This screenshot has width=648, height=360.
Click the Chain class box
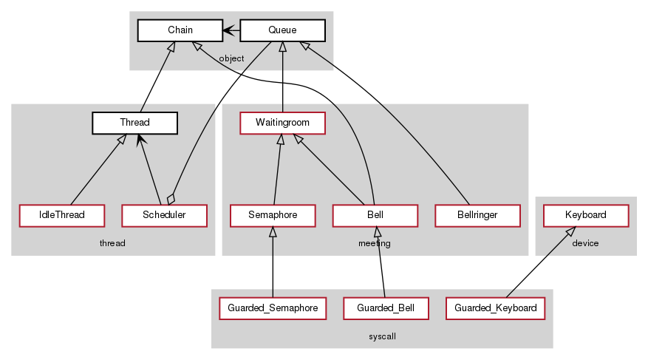[x=180, y=30]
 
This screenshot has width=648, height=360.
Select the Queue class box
[x=282, y=30]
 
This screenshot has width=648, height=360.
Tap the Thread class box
[x=134, y=123]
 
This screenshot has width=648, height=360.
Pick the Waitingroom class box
[x=282, y=123]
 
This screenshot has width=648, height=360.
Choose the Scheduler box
[x=164, y=215]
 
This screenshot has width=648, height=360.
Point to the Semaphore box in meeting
[x=273, y=215]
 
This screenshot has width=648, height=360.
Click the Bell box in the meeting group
[x=375, y=215]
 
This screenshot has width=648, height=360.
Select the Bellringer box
[x=477, y=215]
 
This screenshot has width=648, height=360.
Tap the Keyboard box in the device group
[x=586, y=215]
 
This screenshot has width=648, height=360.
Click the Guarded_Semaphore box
[x=273, y=308]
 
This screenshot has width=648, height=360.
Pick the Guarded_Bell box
[x=386, y=308]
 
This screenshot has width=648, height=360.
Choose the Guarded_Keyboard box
[x=496, y=308]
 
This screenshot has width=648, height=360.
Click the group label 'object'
[x=231, y=58]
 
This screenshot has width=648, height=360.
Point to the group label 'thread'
[x=112, y=243]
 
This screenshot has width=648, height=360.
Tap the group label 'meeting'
[x=375, y=243]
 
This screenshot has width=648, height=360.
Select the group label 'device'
[x=585, y=243]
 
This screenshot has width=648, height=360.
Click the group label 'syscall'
[x=382, y=336]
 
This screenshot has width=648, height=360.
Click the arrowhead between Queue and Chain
[x=228, y=30]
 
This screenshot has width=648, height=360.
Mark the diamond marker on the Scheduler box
[x=171, y=199]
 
